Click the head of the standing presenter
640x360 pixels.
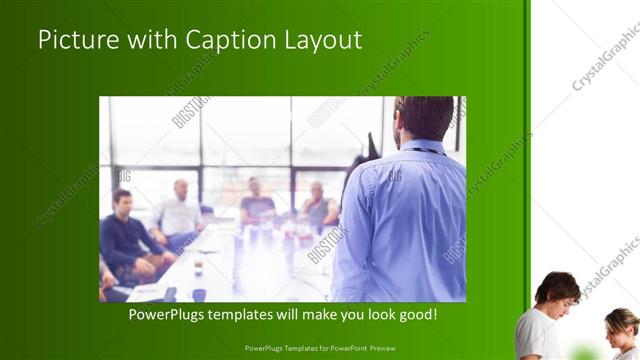tap(424, 118)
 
